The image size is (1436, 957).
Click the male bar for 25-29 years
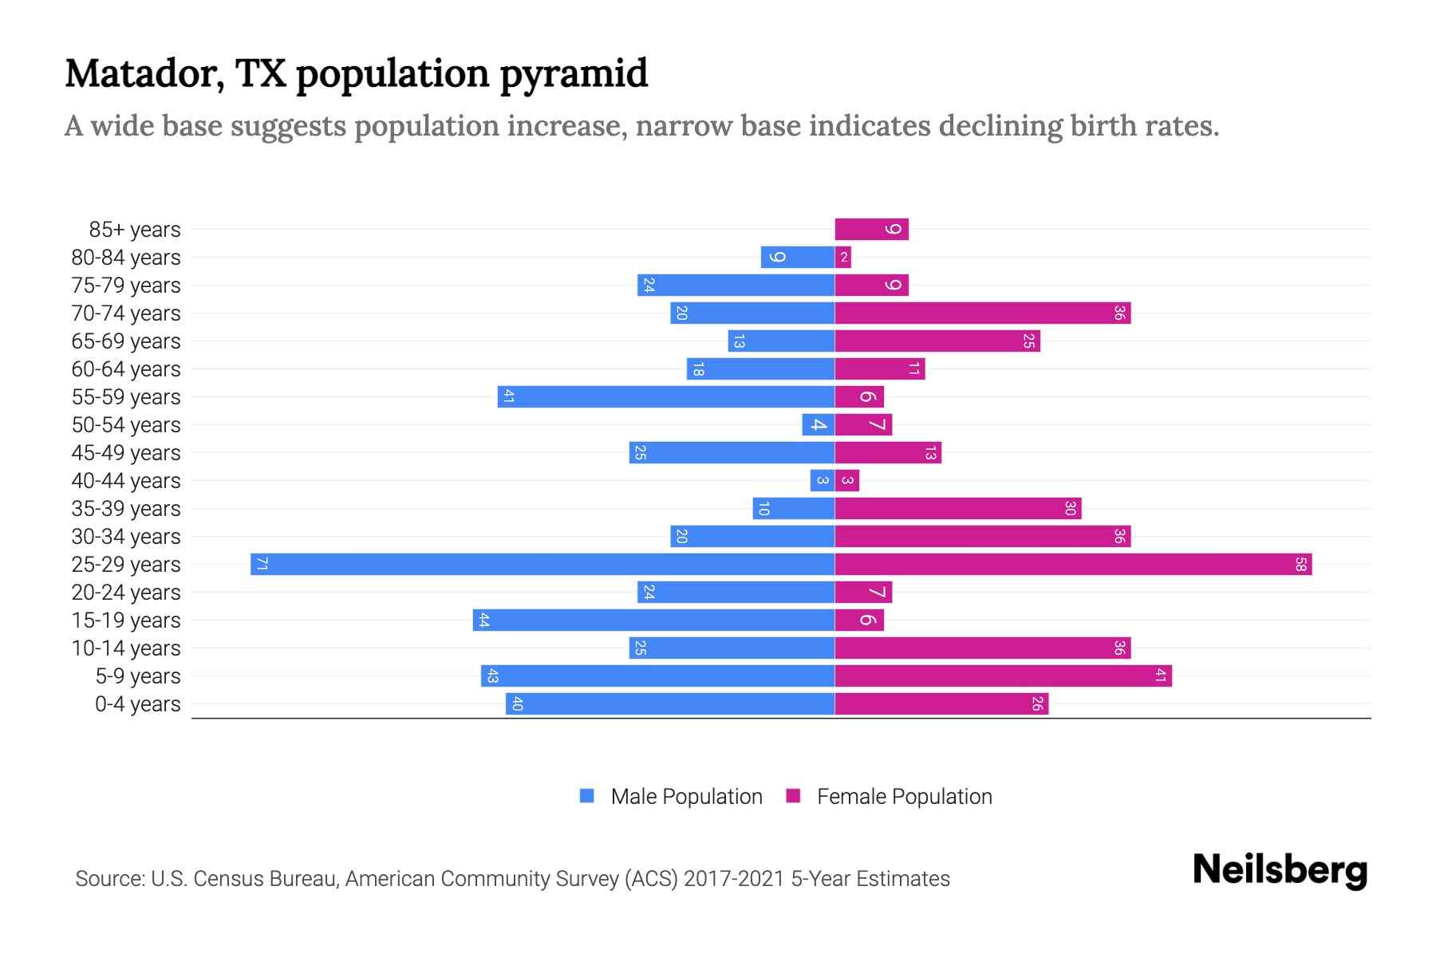click(542, 564)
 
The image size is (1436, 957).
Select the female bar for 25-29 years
click(1073, 564)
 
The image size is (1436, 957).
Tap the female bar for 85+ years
click(871, 229)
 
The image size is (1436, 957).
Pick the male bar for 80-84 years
click(797, 257)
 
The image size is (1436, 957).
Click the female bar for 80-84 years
click(843, 257)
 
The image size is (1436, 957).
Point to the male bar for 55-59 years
click(666, 396)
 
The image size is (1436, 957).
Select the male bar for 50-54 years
click(818, 424)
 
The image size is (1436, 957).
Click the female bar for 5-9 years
click(1003, 675)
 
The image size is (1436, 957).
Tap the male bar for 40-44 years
click(822, 480)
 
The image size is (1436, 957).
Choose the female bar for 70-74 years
click(982, 313)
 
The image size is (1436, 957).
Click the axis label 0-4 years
click(137, 704)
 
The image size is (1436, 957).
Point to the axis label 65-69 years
click(126, 341)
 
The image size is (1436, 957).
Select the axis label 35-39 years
click(126, 509)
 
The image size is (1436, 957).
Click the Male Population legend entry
click(685, 796)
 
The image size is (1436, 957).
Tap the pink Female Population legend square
click(793, 796)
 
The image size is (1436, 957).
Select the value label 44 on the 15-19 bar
click(483, 620)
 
